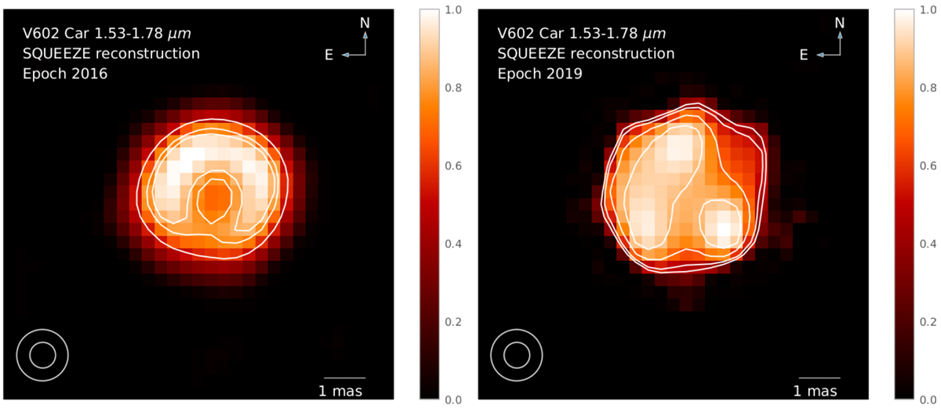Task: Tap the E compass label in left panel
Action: (x=329, y=54)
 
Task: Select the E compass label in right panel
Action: (x=804, y=54)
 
